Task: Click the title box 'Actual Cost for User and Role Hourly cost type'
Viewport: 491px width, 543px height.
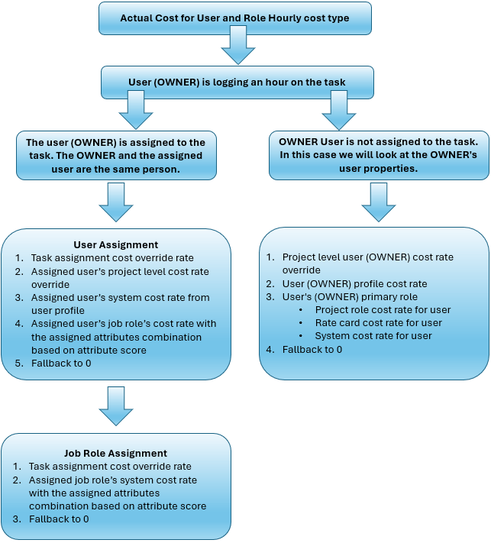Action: pyautogui.click(x=235, y=18)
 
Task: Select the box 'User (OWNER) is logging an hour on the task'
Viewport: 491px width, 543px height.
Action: pyautogui.click(x=237, y=82)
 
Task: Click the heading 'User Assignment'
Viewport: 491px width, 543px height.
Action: pyautogui.click(x=116, y=245)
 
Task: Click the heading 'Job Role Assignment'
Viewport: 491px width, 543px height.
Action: pyautogui.click(x=115, y=453)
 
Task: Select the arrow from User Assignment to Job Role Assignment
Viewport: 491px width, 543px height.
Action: pyautogui.click(x=116, y=405)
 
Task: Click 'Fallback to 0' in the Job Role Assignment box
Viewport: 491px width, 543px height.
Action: pyautogui.click(x=59, y=519)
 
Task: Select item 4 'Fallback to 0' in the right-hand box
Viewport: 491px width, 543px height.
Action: pyautogui.click(x=312, y=349)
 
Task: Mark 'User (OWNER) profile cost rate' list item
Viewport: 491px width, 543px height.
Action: pyautogui.click(x=354, y=283)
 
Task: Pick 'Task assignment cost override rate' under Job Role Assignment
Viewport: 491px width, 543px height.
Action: pyautogui.click(x=110, y=466)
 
